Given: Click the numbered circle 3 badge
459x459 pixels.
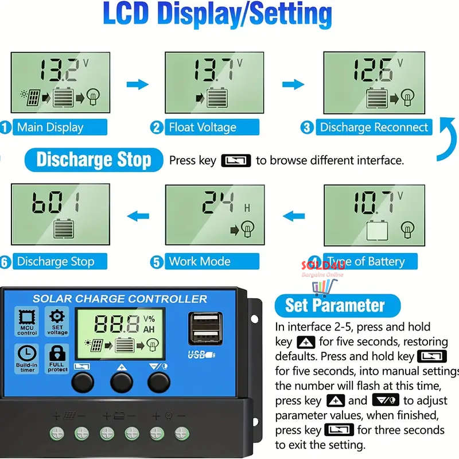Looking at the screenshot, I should tap(307, 127).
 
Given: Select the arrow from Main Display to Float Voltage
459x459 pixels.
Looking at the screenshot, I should tap(137, 85).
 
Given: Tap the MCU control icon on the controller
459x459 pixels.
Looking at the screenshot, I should tap(27, 321).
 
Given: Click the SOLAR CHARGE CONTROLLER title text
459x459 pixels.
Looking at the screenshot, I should tap(119, 299).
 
